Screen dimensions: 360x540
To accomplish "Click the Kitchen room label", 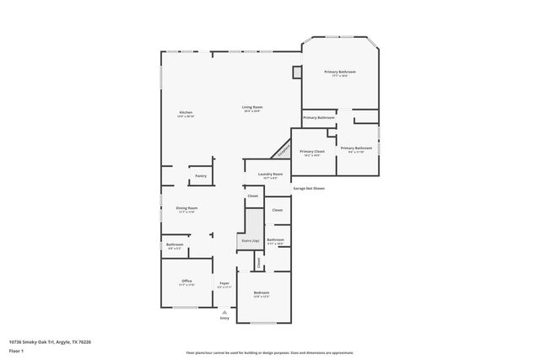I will [186, 113].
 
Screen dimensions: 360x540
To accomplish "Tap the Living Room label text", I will [252, 107].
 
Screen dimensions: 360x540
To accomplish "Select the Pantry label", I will [201, 175].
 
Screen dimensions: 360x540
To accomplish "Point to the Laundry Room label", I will [271, 174].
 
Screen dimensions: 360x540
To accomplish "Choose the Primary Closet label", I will [311, 152].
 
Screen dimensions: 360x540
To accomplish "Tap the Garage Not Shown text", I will [309, 188].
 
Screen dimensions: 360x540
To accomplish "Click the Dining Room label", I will [186, 207].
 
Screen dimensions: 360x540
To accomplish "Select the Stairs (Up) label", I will [249, 240].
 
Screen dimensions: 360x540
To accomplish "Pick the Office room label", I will [186, 281].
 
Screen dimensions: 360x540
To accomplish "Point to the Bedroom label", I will [261, 293].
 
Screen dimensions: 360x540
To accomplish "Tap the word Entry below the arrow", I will [224, 318].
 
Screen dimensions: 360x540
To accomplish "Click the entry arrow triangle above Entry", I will [224, 311].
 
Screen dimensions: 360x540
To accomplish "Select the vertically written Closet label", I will [259, 262].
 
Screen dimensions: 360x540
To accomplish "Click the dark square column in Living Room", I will [297, 73].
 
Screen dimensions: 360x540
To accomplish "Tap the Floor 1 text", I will [15, 349].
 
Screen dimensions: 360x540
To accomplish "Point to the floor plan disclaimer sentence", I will [270, 353].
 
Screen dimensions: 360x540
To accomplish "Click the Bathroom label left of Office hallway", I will [175, 244].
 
